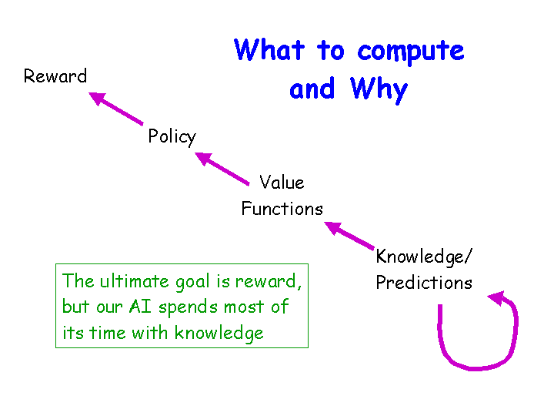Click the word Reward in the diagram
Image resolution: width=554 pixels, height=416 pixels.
(x=55, y=75)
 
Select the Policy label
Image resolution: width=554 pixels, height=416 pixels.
(x=172, y=137)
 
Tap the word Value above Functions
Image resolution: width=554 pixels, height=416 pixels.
(x=282, y=182)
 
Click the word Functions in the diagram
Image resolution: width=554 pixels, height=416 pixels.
(x=282, y=208)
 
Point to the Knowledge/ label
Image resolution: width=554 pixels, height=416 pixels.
(x=424, y=257)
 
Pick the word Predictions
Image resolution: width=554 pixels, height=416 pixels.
(x=424, y=282)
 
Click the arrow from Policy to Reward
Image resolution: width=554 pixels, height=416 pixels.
(x=116, y=109)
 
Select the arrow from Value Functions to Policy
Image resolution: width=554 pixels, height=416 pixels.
(x=222, y=169)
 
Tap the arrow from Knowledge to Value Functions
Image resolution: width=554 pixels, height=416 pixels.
(x=349, y=236)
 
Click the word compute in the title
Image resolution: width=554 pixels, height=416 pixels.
(x=411, y=52)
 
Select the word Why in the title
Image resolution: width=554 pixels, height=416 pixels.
(x=379, y=90)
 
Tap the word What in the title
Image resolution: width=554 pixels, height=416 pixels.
(x=269, y=49)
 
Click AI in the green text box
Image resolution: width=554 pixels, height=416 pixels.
(x=140, y=307)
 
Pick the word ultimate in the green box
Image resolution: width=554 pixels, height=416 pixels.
(x=134, y=281)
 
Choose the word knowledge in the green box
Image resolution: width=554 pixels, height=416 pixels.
(x=219, y=334)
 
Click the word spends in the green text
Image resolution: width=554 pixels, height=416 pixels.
(x=188, y=307)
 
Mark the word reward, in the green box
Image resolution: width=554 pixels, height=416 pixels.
(x=269, y=282)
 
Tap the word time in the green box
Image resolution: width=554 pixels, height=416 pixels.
(x=108, y=333)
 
